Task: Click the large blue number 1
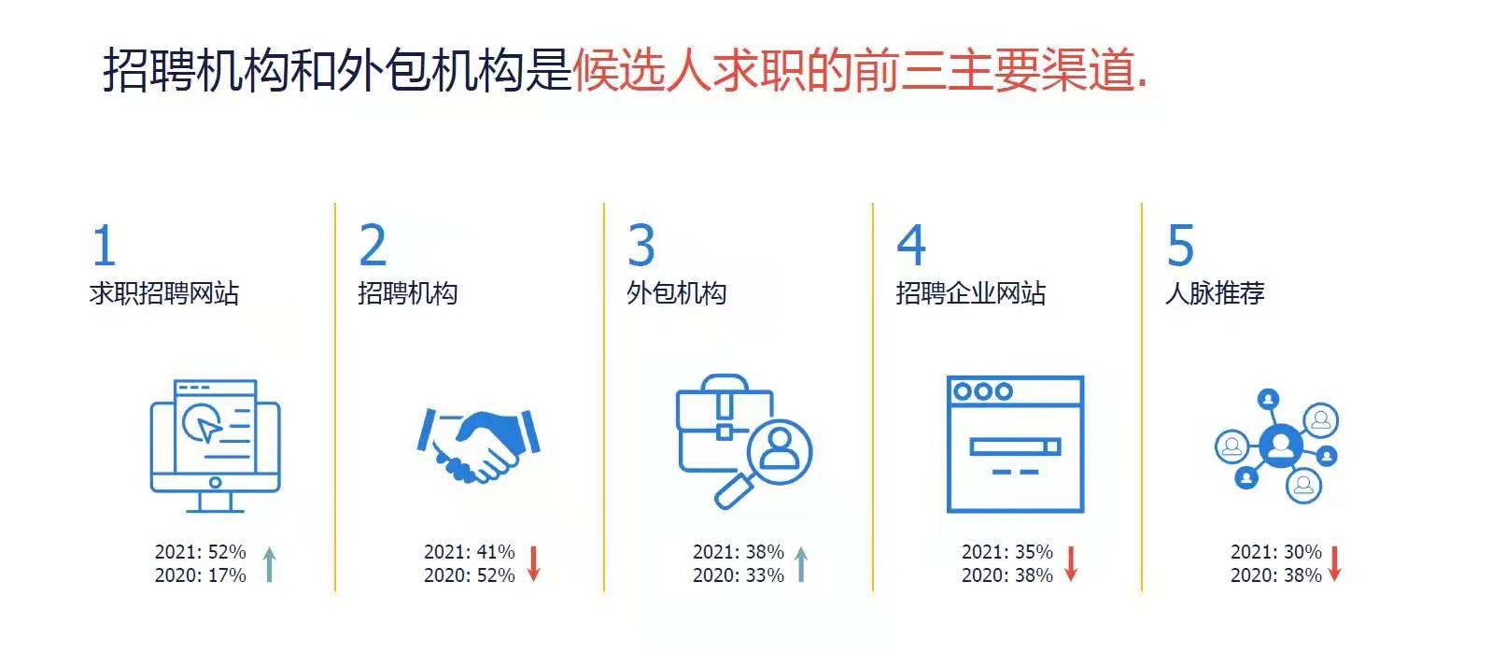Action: tap(104, 245)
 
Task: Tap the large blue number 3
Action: tap(641, 245)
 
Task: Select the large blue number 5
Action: tap(1180, 245)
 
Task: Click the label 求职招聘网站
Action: tap(163, 293)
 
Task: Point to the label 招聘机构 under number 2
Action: tap(408, 293)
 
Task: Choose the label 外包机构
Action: tap(677, 293)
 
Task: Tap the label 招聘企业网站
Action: tap(970, 293)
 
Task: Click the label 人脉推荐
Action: tap(1215, 293)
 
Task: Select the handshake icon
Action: tap(478, 445)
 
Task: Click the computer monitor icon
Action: tap(215, 446)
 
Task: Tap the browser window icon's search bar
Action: tap(1015, 446)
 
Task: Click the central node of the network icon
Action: tap(1281, 446)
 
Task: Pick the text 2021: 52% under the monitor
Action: tap(201, 552)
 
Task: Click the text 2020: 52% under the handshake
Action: tap(470, 574)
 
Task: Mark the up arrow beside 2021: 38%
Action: tap(801, 565)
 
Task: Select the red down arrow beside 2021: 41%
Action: tap(533, 564)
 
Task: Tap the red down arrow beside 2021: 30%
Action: tap(1335, 564)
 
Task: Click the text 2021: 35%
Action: tap(1007, 552)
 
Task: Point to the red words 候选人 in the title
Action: tap(642, 69)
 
